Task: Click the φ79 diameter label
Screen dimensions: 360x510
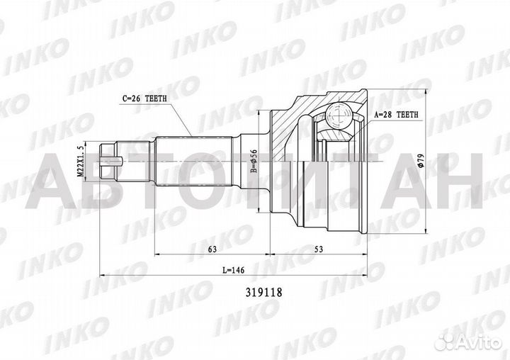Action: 421,162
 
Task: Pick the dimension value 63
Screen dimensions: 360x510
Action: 212,249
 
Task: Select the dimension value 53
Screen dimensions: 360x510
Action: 318,249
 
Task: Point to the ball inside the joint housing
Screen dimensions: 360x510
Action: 338,118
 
